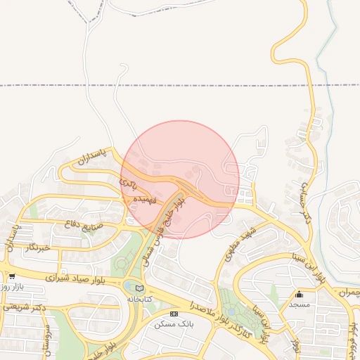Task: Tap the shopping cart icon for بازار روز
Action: [x=12, y=277]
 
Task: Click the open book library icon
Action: [x=139, y=288]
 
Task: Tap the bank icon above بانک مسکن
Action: [x=174, y=314]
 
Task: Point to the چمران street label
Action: [x=349, y=291]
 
